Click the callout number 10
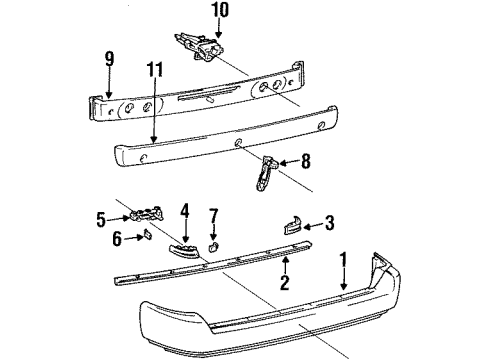coord(219,12)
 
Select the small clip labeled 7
coord(212,244)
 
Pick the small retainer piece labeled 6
coord(145,238)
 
